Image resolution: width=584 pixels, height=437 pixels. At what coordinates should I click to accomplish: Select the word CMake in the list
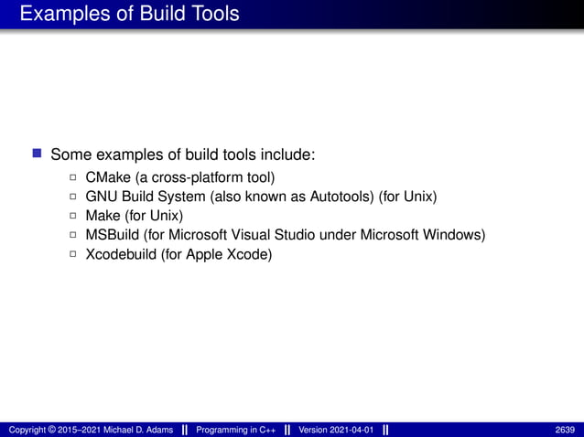click(x=108, y=176)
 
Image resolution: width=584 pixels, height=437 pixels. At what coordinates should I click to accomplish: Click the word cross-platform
click(x=194, y=176)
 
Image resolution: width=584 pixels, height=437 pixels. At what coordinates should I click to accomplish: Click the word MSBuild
click(x=113, y=235)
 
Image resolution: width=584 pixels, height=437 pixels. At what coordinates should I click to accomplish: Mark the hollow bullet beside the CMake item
click(x=73, y=177)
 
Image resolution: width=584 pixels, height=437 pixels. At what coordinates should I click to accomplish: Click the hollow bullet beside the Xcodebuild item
click(x=73, y=255)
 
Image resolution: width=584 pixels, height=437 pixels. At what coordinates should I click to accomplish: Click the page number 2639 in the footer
click(x=565, y=430)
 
